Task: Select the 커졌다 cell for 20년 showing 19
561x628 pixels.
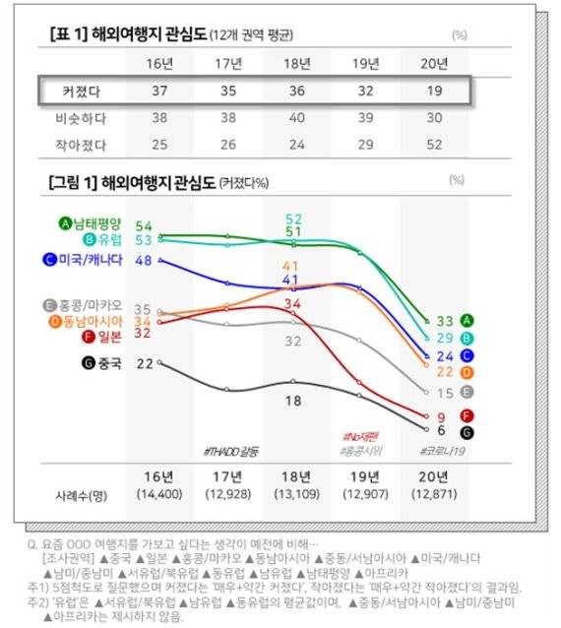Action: pos(433,92)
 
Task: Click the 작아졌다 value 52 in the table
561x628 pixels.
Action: pos(433,146)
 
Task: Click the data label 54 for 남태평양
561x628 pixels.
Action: pos(144,226)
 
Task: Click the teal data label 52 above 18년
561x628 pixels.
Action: pos(293,219)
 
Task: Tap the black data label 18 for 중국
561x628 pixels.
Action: pos(292,401)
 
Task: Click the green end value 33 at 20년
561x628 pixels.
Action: pos(444,321)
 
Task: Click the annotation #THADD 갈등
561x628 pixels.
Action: pos(229,451)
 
